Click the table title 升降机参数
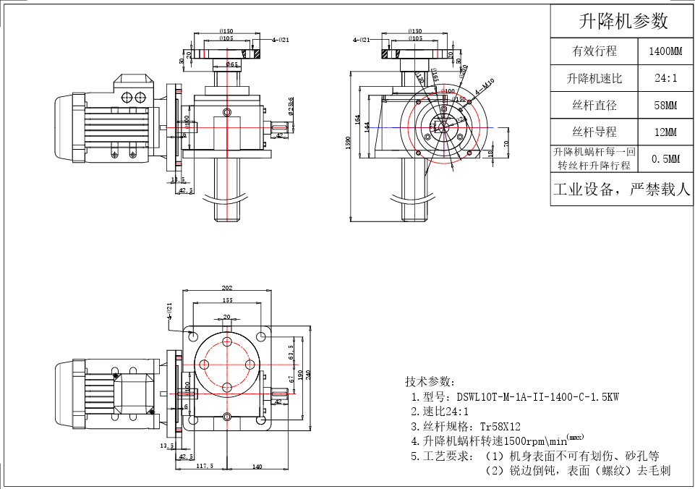coord(623,22)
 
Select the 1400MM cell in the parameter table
coord(665,51)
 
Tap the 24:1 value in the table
coord(665,78)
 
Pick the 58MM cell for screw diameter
coord(665,106)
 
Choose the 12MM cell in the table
coord(665,132)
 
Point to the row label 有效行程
coord(594,51)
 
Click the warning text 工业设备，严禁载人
coord(622,190)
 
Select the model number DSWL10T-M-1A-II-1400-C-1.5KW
coord(537,397)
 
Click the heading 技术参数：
coord(430,381)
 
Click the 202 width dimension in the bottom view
coord(227,288)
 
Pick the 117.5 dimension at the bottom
coord(205,467)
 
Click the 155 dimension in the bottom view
coord(227,300)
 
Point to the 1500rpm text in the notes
coord(524,441)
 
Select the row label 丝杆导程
coord(594,132)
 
